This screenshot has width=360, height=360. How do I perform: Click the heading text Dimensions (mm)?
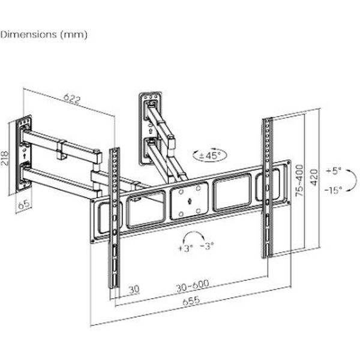tap(44, 34)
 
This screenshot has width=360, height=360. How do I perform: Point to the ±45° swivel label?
tap(209, 155)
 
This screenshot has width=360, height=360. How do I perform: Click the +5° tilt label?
tap(334, 171)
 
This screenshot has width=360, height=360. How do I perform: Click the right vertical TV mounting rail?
tap(268, 186)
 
